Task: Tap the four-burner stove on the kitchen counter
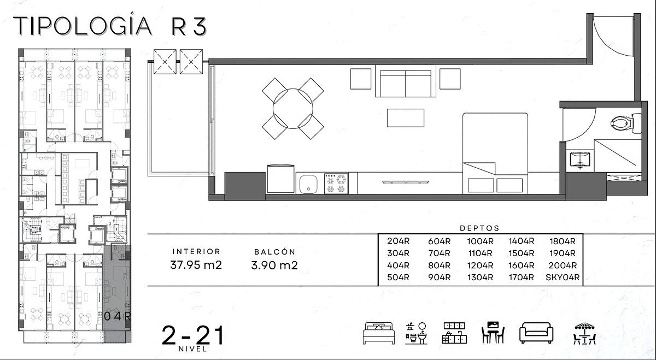(x=336, y=184)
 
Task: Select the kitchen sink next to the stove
(x=308, y=185)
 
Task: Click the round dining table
(x=293, y=109)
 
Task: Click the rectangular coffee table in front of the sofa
(x=406, y=118)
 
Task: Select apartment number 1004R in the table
(x=480, y=241)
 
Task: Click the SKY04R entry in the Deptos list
(x=563, y=278)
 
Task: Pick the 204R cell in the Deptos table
(x=399, y=241)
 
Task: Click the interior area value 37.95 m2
(x=196, y=265)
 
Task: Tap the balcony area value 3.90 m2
(x=274, y=265)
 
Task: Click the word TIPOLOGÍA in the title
(x=83, y=26)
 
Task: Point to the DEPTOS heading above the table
(x=479, y=228)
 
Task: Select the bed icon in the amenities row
(x=379, y=333)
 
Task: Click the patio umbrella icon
(x=584, y=333)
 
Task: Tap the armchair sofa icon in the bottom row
(x=536, y=333)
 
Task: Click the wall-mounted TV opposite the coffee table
(x=406, y=182)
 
